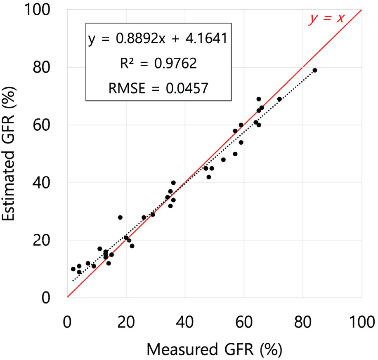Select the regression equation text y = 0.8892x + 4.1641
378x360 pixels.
pos(157,40)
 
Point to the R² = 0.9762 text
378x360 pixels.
pos(157,63)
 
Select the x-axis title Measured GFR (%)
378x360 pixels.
pos(215,349)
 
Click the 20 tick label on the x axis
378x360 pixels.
pos(126,321)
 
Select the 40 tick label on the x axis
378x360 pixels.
pos(185,321)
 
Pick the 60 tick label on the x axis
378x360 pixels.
pos(244,321)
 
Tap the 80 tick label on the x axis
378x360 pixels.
pos(303,321)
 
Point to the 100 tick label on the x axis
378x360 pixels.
pos(361,321)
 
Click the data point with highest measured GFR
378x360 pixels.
pos(315,70)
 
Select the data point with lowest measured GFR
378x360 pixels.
pos(73,269)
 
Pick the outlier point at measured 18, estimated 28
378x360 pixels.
pos(120,217)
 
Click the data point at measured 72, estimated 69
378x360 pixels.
pos(279,99)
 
